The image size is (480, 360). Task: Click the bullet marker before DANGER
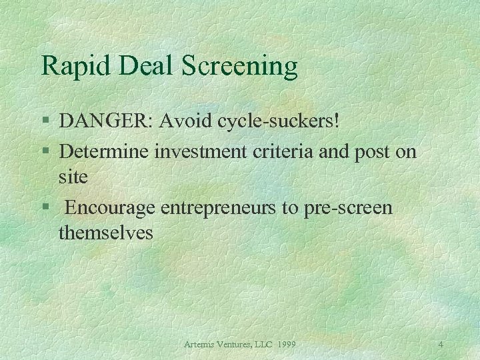(45, 123)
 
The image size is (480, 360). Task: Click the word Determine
(104, 151)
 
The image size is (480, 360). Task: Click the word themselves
(106, 234)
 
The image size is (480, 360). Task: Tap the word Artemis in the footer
(203, 344)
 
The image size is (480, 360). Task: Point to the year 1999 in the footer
(285, 344)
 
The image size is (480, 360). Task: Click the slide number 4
(441, 344)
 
